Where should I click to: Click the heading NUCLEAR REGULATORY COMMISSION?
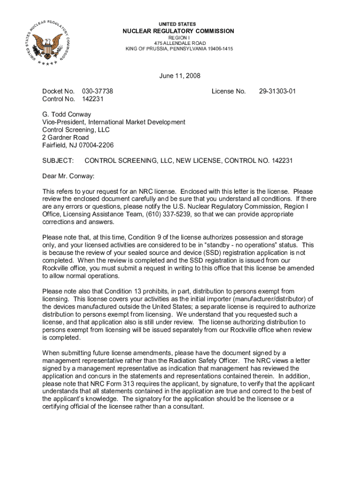point(178,31)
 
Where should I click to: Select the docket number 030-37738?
point(97,91)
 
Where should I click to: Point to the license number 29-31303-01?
point(277,91)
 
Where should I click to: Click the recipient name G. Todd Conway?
point(66,114)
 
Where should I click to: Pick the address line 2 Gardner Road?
point(65,138)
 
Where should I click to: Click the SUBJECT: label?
point(58,161)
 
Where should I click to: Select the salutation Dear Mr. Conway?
point(68,176)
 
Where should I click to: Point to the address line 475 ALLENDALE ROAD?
point(179,43)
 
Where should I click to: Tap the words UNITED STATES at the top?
point(177,24)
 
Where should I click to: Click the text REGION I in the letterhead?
point(179,37)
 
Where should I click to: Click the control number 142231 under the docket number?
point(93,99)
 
